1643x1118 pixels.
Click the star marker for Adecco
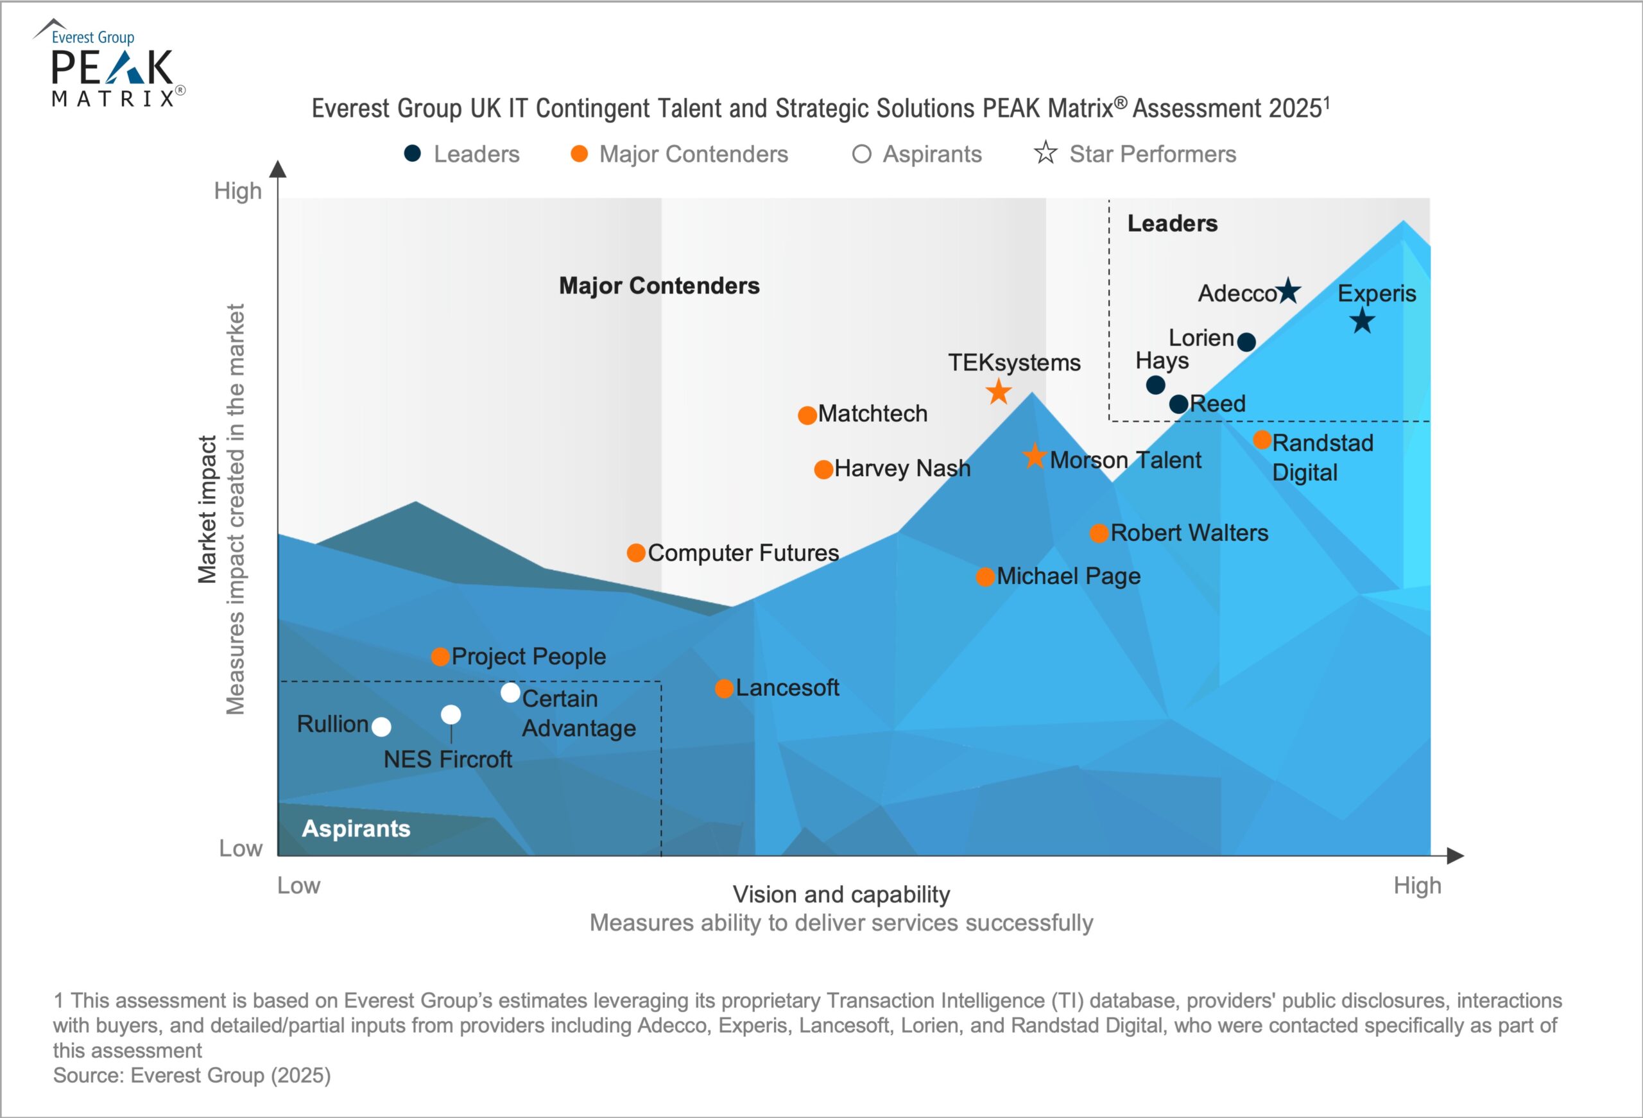tap(1289, 291)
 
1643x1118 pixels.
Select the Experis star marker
tap(1362, 322)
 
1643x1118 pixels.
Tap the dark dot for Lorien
tap(1246, 342)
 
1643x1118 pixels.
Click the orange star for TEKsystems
tap(998, 391)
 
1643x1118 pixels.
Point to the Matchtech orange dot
tap(807, 415)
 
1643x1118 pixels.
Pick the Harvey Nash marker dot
tap(823, 470)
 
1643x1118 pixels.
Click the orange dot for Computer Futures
tap(635, 553)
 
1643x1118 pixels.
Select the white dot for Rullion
tap(381, 727)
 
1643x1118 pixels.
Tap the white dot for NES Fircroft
tap(451, 714)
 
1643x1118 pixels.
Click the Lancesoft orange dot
tap(724, 688)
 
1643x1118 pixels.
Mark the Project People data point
tap(440, 657)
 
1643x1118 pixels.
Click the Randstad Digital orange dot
tap(1262, 440)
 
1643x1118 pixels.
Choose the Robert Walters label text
tap(1189, 533)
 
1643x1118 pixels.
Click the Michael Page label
tap(1068, 576)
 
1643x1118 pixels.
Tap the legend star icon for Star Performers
tap(1045, 153)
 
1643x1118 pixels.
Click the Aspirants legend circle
tap(861, 154)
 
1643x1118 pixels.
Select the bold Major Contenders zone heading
tap(659, 286)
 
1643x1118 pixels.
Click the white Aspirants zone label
tap(356, 828)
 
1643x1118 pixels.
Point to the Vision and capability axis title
tap(841, 895)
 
